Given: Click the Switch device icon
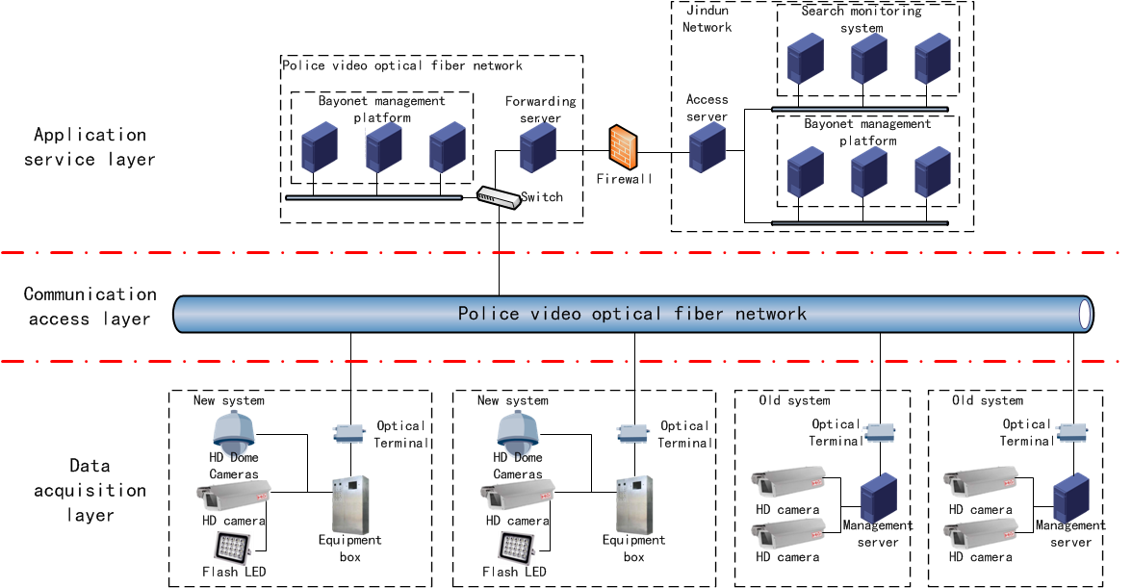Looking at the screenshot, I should (497, 197).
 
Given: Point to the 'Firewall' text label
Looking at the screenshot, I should (624, 179).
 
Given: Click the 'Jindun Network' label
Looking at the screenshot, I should (707, 18).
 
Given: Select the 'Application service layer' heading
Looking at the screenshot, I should (90, 146).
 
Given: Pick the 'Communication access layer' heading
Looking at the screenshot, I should (90, 306).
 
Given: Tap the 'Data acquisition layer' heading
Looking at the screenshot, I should (90, 490).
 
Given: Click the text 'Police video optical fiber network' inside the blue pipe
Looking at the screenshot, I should (631, 314).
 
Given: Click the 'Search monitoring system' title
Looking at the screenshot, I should (862, 19).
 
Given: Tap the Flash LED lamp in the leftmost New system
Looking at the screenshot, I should (232, 548).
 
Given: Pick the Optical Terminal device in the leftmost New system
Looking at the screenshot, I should (346, 434).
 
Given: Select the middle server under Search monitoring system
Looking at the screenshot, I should (868, 60).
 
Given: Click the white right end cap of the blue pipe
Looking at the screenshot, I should (1086, 314).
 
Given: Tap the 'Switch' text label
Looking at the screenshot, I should (542, 197).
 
